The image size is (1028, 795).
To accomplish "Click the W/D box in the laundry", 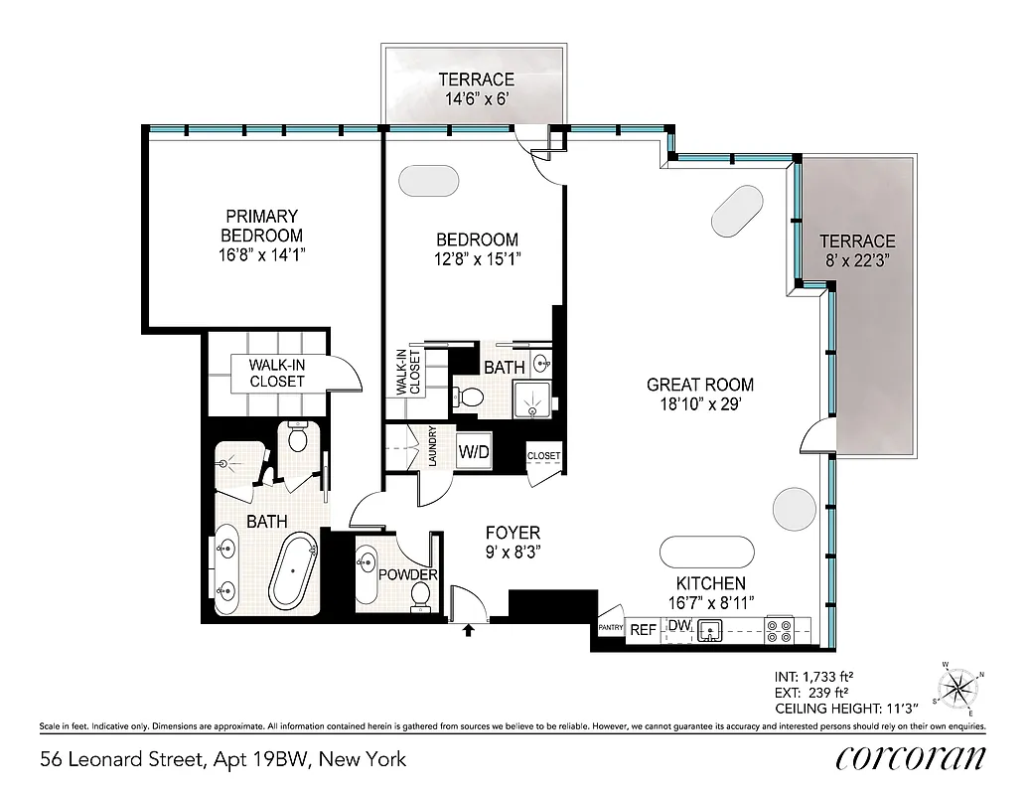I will point(474,451).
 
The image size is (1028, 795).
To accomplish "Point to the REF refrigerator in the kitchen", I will point(644,629).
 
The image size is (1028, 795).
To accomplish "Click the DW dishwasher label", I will point(678,625).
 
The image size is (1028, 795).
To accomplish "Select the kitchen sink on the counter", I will point(711,630).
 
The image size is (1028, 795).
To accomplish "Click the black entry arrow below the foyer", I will point(468,628).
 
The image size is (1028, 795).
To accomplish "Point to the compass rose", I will point(958,686).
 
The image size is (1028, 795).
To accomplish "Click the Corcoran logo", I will point(911,757).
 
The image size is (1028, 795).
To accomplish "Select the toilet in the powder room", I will point(421,594).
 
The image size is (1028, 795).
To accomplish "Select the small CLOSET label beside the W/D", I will point(543,456).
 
